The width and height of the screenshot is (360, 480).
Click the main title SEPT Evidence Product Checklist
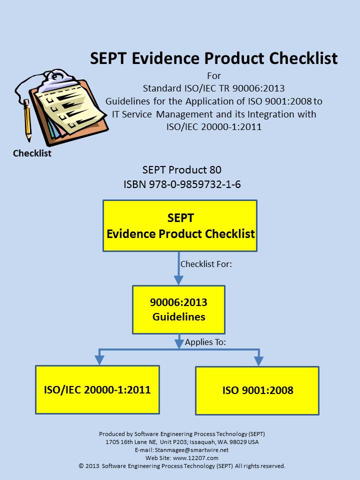(x=213, y=58)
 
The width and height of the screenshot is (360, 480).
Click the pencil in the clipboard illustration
(x=27, y=120)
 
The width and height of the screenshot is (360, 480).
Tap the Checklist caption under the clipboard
(x=32, y=153)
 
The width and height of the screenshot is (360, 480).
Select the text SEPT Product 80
(x=181, y=170)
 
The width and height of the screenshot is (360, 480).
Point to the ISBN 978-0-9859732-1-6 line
(x=182, y=184)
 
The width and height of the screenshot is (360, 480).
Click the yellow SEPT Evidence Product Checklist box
(x=180, y=226)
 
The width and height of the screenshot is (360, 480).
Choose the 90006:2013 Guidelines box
(x=178, y=309)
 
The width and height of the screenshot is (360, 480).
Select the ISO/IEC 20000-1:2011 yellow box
(x=97, y=389)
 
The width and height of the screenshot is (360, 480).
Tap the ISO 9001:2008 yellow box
(x=257, y=390)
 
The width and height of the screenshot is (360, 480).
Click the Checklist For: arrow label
(x=206, y=263)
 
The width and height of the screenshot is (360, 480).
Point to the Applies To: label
(x=205, y=342)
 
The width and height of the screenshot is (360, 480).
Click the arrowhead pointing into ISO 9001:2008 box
(x=258, y=361)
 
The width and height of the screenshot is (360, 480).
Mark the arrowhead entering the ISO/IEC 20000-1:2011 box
(x=99, y=360)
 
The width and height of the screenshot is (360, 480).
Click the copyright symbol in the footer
(x=81, y=466)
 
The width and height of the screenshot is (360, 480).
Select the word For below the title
(x=213, y=76)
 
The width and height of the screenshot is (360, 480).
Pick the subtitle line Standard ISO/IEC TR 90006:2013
(x=213, y=88)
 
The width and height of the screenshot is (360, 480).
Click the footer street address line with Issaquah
(x=182, y=442)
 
